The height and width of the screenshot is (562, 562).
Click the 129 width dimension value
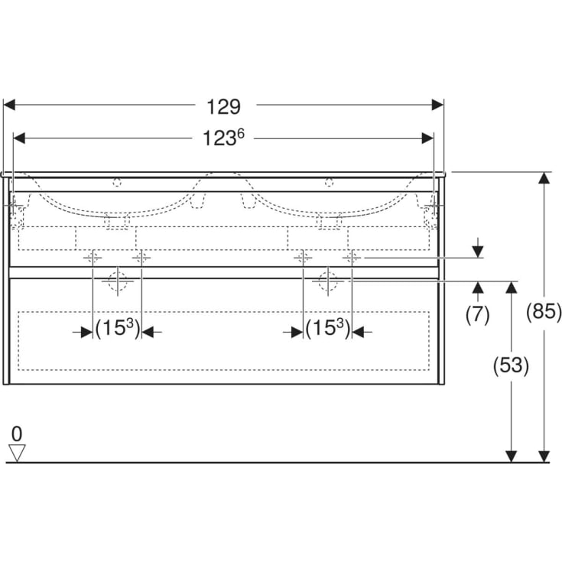click(x=223, y=107)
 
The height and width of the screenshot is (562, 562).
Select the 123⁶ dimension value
click(x=223, y=138)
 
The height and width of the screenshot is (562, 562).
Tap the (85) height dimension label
click(x=544, y=310)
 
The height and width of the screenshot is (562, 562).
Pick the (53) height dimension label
click(x=511, y=365)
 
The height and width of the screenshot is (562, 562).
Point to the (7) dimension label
click(x=477, y=315)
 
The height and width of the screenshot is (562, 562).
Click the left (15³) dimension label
click(x=118, y=328)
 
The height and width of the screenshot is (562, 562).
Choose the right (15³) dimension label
click(x=328, y=328)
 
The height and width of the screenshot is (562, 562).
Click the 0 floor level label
click(x=17, y=434)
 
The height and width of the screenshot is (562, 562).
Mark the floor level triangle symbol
click(x=17, y=453)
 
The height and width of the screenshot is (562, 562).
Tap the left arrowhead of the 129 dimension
click(x=9, y=105)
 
